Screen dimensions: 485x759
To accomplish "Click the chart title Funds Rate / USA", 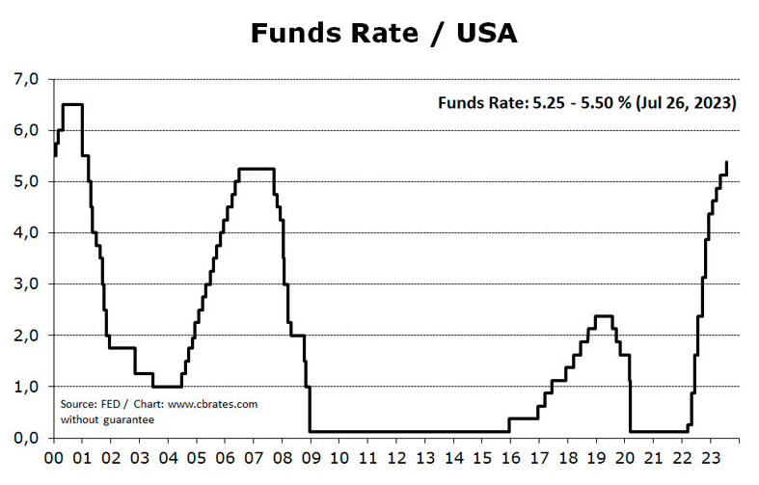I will [384, 33].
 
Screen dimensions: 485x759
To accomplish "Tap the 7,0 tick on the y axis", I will [26, 79].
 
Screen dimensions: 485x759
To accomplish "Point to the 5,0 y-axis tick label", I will [26, 181].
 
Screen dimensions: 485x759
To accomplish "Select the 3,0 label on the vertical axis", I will [26, 284].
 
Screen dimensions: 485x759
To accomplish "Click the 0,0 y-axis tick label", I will [26, 438].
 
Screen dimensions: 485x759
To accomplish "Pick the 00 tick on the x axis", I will [54, 459].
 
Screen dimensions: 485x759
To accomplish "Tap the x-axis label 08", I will [283, 459].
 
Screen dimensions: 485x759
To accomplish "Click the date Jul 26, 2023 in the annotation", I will [689, 102].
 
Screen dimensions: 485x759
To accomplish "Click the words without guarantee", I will [106, 419].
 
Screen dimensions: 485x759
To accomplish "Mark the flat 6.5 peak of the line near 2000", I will [72, 104].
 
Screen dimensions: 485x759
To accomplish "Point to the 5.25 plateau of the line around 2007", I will [256, 169].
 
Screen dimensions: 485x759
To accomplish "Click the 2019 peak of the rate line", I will [604, 315].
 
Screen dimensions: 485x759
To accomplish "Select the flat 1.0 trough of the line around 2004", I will [167, 387].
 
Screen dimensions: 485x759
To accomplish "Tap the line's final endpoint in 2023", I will [726, 162].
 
